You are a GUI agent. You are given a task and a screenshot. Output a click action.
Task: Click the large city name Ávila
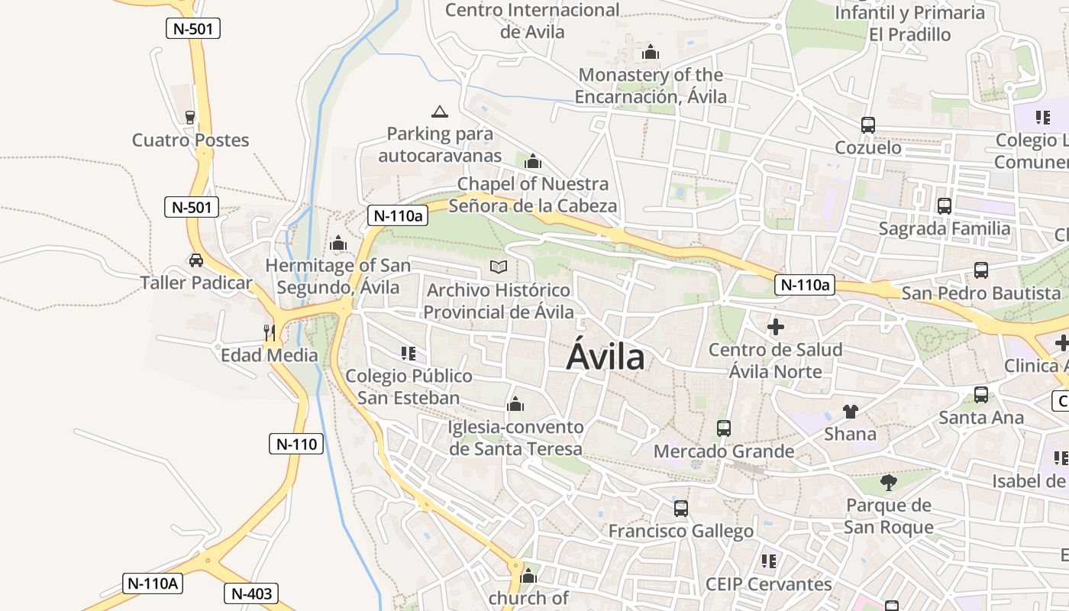(x=606, y=357)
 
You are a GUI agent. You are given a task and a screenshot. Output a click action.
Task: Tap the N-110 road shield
(x=296, y=444)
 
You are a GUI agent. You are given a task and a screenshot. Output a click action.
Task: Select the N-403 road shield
(x=250, y=593)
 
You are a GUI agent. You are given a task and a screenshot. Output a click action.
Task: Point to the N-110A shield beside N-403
(x=153, y=584)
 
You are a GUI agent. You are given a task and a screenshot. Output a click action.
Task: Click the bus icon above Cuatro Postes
(x=190, y=117)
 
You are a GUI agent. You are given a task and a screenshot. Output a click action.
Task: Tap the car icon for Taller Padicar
(x=196, y=260)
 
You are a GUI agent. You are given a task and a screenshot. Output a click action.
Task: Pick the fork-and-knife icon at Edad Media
(x=269, y=332)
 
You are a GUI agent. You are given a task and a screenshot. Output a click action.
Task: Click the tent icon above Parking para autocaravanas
(x=439, y=112)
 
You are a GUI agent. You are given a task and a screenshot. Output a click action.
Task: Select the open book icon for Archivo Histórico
(x=499, y=267)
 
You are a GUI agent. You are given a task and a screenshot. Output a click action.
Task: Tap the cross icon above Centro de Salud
(x=776, y=327)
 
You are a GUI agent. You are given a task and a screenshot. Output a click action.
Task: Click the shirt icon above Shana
(x=851, y=412)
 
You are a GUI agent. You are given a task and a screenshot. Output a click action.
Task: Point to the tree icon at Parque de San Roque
(x=888, y=482)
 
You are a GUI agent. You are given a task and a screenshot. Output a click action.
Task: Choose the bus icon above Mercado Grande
(x=724, y=428)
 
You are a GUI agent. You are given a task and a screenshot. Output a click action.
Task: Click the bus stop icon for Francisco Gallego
(x=681, y=508)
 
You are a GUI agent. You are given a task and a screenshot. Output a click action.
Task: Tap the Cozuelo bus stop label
(x=868, y=147)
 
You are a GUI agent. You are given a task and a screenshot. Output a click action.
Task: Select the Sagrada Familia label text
(x=945, y=228)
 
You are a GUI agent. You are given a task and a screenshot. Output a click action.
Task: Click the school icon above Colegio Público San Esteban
(x=409, y=353)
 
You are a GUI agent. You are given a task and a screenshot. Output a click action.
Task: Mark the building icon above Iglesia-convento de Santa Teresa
(x=515, y=404)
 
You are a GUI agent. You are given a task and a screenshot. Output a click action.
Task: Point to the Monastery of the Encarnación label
(x=651, y=86)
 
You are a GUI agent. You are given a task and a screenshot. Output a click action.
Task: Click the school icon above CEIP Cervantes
(x=768, y=561)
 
